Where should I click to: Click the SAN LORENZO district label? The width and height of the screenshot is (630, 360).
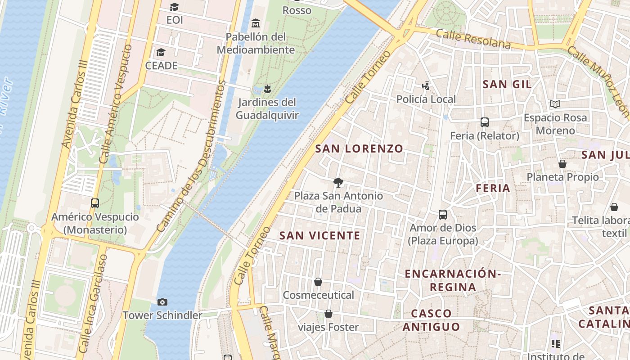[x=359, y=148]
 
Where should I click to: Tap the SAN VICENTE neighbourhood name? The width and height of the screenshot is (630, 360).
[x=320, y=235]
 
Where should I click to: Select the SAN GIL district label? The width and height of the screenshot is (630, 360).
[x=507, y=84]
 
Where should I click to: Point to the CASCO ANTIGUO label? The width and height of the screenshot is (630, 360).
[x=431, y=320]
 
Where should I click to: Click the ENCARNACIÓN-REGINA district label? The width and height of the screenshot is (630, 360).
[x=452, y=280]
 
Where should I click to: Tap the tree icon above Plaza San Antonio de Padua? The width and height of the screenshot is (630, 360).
[x=338, y=182]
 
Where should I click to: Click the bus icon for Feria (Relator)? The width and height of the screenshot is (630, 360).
[x=485, y=122]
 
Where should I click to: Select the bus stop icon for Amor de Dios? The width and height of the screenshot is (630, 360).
[x=443, y=215]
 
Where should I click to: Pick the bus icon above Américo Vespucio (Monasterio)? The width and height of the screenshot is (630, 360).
[x=95, y=203]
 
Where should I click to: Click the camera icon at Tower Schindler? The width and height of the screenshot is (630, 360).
[x=162, y=302]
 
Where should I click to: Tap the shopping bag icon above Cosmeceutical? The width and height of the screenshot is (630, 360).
[x=318, y=282]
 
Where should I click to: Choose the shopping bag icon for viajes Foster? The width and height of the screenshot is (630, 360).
[x=328, y=314]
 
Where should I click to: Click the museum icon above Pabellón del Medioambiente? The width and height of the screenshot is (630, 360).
[x=256, y=22]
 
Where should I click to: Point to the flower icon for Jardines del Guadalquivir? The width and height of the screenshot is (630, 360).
[x=267, y=88]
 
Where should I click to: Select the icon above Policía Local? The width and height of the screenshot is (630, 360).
[x=426, y=85]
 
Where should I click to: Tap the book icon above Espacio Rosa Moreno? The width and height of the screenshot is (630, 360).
[x=555, y=104]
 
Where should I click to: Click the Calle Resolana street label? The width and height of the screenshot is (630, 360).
[x=473, y=39]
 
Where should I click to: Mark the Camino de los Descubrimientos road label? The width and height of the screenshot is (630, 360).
[x=192, y=157]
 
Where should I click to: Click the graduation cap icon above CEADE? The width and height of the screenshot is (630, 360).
[x=161, y=52]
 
